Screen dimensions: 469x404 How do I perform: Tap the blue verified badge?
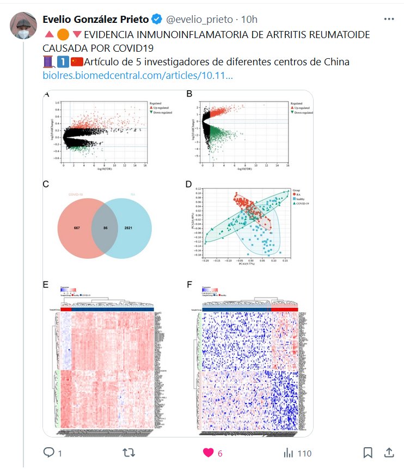coord(156,20)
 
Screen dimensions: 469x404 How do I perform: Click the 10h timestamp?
coord(249,20)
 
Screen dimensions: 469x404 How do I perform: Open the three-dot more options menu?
coord(389,19)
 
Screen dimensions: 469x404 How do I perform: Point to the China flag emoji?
coord(77,62)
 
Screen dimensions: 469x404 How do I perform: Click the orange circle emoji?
coord(63,34)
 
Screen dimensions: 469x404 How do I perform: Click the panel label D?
coord(189,184)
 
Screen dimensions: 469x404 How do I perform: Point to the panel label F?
coord(189,284)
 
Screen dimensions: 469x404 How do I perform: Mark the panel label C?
coord(46,184)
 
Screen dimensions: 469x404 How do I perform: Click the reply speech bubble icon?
coord(48,453)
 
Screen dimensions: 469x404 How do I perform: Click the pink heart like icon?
coord(209,453)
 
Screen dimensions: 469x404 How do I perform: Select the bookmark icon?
coord(368,453)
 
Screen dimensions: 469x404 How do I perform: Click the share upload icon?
coord(389,453)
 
